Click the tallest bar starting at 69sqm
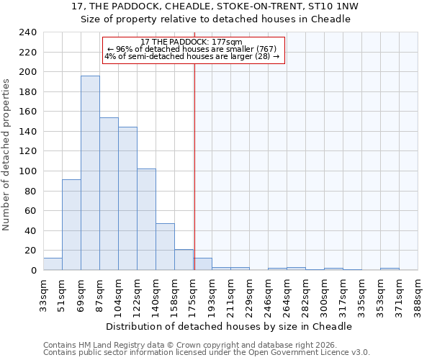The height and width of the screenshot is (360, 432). [x=90, y=173]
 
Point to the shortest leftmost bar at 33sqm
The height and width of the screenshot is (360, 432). [x=53, y=264]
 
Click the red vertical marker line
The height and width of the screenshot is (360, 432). [x=194, y=166]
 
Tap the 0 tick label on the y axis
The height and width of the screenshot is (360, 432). [x=33, y=271]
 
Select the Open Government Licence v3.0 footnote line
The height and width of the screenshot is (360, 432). [x=206, y=352]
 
